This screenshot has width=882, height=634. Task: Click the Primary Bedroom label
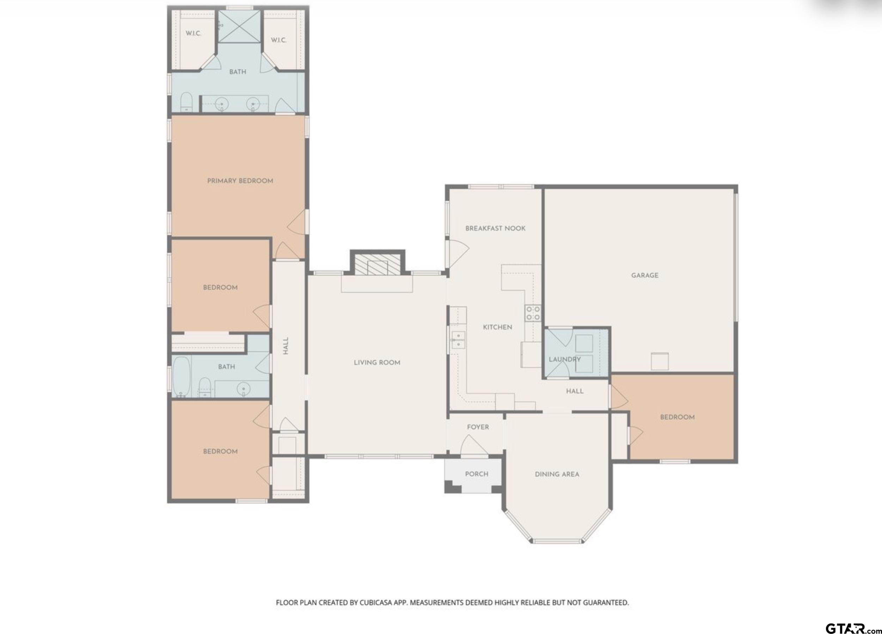point(240,181)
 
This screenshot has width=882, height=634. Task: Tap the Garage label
point(645,275)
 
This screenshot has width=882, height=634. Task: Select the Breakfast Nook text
point(495,228)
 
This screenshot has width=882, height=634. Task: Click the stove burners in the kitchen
point(533,313)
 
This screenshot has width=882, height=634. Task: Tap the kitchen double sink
point(459,340)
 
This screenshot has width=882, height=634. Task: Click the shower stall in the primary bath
point(239,26)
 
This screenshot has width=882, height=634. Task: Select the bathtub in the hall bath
point(181,377)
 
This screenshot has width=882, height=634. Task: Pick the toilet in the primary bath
point(187,102)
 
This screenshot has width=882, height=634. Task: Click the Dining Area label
point(557,474)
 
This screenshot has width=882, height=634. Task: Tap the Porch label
point(477,474)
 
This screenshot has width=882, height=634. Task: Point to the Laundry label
point(565,359)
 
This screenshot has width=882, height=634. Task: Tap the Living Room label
point(377,362)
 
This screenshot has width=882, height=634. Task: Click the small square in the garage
point(660,361)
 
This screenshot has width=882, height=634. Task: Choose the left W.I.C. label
point(193,33)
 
